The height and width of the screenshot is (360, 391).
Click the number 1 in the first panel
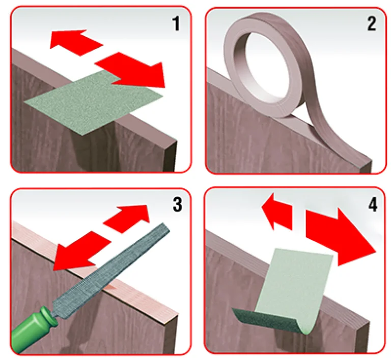tap(176, 24)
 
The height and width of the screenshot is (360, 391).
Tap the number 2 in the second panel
tap(371, 24)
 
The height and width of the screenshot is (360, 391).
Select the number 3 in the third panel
tap(177, 204)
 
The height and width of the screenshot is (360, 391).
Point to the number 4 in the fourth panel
tap(373, 205)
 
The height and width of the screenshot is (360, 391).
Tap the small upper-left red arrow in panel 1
tap(75, 42)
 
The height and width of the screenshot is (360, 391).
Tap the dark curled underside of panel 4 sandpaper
tap(267, 320)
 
